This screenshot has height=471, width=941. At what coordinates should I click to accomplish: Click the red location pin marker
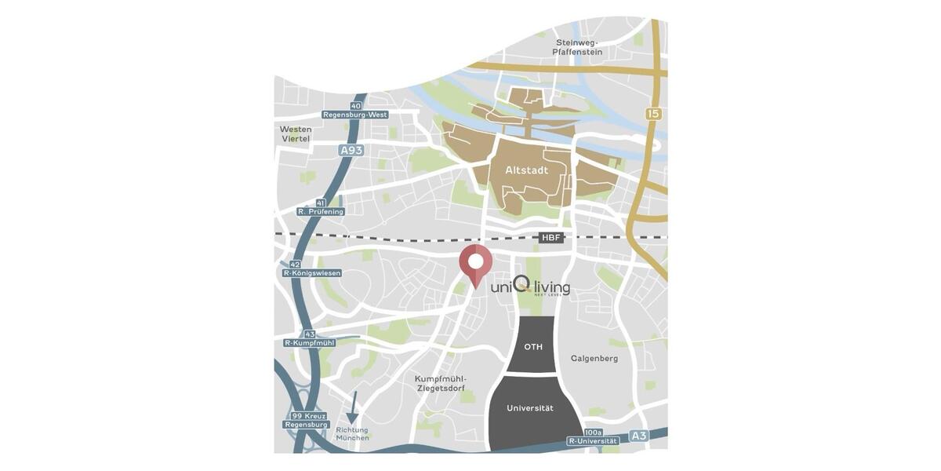click(x=475, y=263)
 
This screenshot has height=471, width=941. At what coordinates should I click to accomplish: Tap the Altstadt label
click(x=526, y=170)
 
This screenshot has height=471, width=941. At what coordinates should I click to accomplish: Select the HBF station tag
click(x=551, y=238)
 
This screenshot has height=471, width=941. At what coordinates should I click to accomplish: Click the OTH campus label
click(x=533, y=346)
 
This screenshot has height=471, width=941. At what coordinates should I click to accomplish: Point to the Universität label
click(x=530, y=408)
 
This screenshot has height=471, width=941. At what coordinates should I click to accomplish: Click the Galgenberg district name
click(x=594, y=359)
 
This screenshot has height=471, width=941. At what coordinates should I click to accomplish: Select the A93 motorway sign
click(x=351, y=149)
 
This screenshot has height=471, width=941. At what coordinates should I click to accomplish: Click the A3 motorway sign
click(x=639, y=436)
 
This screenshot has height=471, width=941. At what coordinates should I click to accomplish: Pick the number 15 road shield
click(x=653, y=114)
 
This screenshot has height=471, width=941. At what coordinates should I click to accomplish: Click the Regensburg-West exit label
click(x=355, y=115)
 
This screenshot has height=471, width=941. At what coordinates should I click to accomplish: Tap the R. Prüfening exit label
click(x=321, y=211)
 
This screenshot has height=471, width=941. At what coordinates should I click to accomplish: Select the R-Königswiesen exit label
click(x=312, y=273)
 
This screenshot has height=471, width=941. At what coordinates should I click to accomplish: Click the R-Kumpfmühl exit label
click(x=309, y=343)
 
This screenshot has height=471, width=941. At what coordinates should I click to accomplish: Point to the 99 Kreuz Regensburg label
click(x=306, y=420)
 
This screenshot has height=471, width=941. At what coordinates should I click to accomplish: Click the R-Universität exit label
click(x=594, y=441)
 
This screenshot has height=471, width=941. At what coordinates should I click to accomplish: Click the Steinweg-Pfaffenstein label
click(x=577, y=47)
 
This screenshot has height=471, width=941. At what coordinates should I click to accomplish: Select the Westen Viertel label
click(x=296, y=133)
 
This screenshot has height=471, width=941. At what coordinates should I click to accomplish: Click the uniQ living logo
click(x=530, y=287)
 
